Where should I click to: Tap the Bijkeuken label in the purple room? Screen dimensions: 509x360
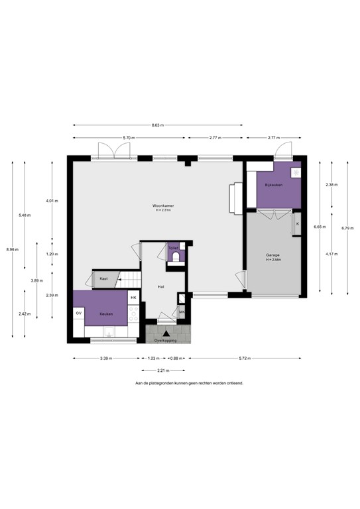click(273, 184)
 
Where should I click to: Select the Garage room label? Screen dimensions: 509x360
click(273, 255)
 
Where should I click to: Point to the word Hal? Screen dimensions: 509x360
click(160, 287)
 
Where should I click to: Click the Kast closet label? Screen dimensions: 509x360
click(104, 279)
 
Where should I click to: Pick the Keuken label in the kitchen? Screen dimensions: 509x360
click(106, 313)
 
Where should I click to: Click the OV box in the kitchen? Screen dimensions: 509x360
click(79, 313)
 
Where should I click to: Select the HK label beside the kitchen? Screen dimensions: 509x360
click(133, 298)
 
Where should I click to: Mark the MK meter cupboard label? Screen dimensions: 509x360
click(182, 311)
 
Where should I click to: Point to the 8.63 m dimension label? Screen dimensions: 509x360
click(157, 125)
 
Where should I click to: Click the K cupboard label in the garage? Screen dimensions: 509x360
click(297, 224)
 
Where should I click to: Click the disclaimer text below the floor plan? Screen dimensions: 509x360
click(189, 383)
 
